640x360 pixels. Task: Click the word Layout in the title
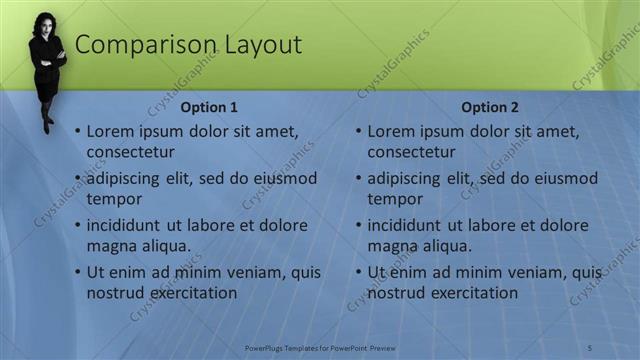click(256, 45)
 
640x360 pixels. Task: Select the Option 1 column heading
click(209, 107)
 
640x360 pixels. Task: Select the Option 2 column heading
click(490, 107)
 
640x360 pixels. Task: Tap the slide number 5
click(589, 347)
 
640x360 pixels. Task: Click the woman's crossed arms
click(47, 55)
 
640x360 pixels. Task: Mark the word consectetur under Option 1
click(131, 152)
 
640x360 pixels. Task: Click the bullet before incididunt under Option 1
click(77, 226)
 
